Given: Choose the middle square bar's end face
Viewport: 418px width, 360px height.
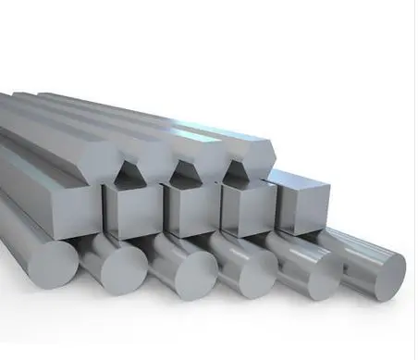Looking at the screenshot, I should pos(190,212).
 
